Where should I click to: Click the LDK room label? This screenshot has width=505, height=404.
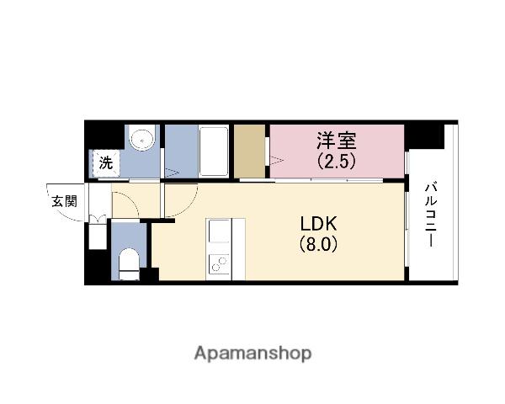319,224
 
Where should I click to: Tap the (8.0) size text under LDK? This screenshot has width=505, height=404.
319,245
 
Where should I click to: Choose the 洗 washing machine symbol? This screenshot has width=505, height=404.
106,163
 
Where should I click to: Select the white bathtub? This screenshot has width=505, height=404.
213,151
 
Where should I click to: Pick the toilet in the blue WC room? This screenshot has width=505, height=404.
128,262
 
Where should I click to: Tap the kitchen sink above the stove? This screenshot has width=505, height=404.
220,231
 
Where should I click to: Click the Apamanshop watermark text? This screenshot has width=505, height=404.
252,353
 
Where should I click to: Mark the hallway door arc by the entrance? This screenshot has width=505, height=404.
124,202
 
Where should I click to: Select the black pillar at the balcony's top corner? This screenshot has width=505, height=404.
424,135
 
